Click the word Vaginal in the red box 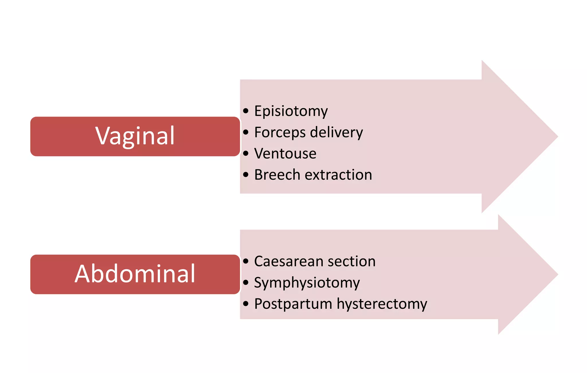point(135,136)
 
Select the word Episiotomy point(291,111)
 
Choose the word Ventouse point(285,154)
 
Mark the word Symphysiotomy point(307,283)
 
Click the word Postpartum point(293,304)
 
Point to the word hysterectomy point(382,304)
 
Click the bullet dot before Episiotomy point(246,111)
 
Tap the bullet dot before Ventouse point(246,153)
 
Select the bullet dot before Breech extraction point(246,174)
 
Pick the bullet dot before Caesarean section point(246,261)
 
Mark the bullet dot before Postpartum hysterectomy point(246,304)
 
